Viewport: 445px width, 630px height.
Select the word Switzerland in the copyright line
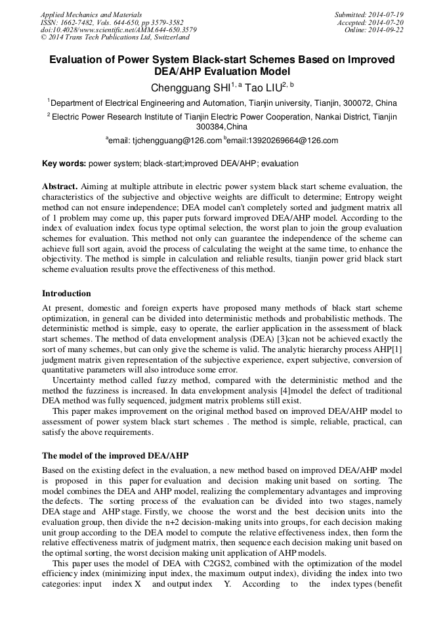pyautogui.click(x=165, y=37)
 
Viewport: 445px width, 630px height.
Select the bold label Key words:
pyautogui.click(x=64, y=164)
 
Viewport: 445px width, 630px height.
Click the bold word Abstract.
pyautogui.click(x=60, y=187)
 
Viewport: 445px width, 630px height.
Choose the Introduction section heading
pyautogui.click(x=66, y=293)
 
